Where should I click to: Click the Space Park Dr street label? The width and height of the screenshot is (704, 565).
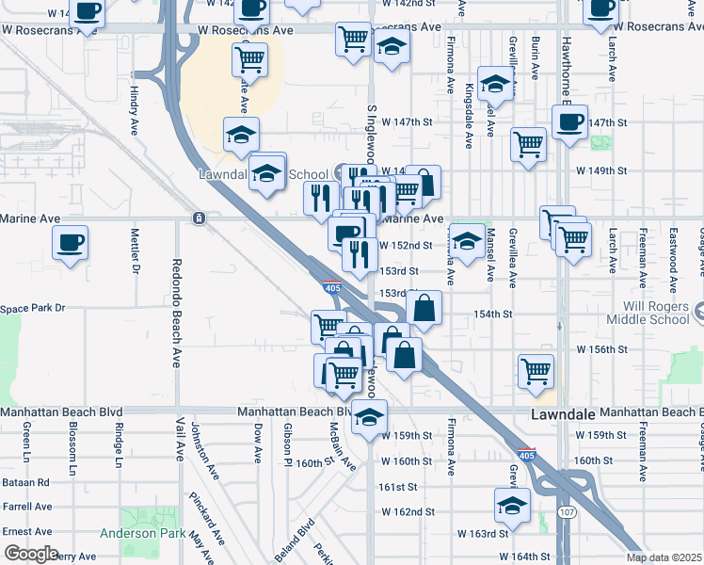(x=33, y=308)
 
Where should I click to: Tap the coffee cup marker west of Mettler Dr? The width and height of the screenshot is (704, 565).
(x=71, y=244)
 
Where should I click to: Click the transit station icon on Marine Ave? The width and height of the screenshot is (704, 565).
(x=199, y=218)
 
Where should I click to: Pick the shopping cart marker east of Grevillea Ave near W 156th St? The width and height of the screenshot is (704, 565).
(x=536, y=370)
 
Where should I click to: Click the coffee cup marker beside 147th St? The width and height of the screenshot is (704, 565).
(x=569, y=122)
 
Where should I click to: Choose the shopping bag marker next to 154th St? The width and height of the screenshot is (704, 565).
(x=424, y=308)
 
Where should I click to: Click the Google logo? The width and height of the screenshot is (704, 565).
(x=31, y=554)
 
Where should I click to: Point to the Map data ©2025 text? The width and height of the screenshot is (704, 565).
(x=663, y=557)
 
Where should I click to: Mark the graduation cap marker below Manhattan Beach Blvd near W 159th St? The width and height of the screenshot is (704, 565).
(x=370, y=417)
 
